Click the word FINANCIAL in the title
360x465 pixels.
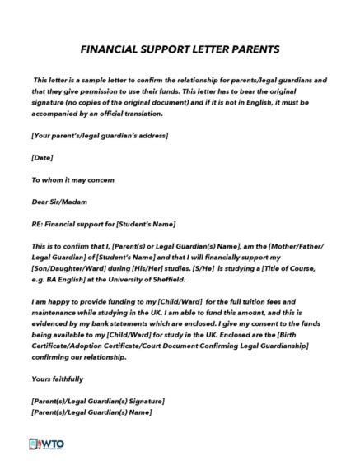(x=110, y=49)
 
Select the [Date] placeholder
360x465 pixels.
(x=42, y=157)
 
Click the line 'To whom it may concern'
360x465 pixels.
(x=72, y=179)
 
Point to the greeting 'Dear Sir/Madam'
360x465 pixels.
(x=59, y=202)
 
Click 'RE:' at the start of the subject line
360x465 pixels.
(x=38, y=224)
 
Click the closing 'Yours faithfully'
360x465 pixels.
(x=57, y=379)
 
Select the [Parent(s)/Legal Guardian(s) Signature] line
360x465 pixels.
(x=98, y=401)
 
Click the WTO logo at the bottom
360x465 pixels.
(x=47, y=444)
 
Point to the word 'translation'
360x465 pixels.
(x=143, y=113)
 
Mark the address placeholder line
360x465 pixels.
(x=100, y=135)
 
